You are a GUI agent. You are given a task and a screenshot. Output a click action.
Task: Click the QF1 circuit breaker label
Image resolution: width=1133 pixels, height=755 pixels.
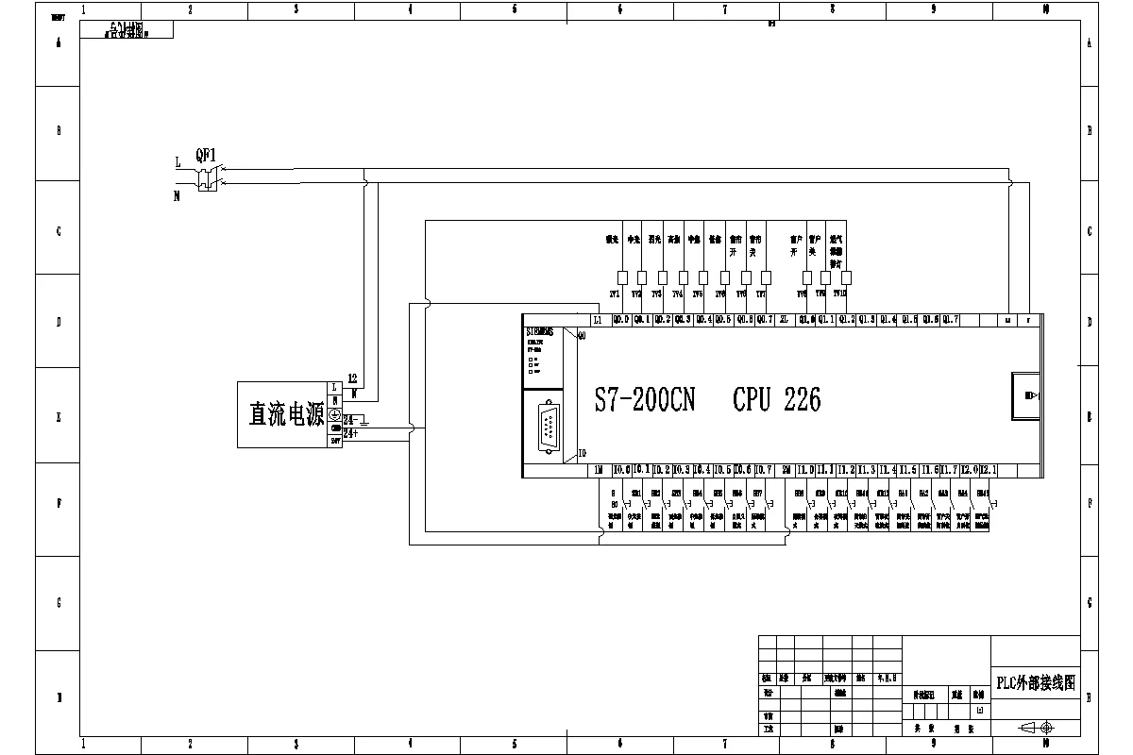(x=206, y=154)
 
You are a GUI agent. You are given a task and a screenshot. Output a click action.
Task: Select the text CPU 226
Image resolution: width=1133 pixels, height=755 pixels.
(x=776, y=400)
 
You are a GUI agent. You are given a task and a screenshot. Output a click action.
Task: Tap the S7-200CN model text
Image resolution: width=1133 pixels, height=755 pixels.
(x=645, y=400)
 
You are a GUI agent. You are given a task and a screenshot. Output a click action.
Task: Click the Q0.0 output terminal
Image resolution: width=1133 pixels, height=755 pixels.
(x=621, y=320)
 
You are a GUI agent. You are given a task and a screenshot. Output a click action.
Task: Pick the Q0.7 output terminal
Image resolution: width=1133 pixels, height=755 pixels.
(x=765, y=320)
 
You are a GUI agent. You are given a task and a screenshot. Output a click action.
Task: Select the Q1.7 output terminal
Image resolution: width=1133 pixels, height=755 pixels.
(x=950, y=320)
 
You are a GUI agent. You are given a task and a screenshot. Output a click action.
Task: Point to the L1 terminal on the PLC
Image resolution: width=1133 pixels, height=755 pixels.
(x=599, y=320)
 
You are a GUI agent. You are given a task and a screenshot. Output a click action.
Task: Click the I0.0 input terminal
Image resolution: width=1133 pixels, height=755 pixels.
(x=621, y=470)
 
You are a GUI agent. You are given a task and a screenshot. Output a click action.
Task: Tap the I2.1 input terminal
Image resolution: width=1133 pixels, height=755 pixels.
(x=989, y=470)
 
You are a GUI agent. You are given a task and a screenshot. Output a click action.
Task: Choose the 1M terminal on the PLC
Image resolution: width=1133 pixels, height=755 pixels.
(x=599, y=470)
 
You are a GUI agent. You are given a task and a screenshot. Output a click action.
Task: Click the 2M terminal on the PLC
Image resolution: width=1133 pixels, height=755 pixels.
(x=786, y=470)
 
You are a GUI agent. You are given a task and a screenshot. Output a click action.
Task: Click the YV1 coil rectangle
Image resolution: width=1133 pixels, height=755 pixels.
(x=621, y=277)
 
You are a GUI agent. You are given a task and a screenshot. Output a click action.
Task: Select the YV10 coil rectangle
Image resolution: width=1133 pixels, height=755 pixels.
(x=846, y=277)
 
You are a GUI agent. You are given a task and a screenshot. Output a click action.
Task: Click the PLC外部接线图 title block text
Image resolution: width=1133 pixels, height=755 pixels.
(x=1036, y=683)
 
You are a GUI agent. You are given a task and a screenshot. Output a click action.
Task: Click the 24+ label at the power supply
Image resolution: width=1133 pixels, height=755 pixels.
(x=350, y=433)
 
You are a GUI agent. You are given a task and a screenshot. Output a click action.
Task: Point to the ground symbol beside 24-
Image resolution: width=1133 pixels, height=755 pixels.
(x=365, y=420)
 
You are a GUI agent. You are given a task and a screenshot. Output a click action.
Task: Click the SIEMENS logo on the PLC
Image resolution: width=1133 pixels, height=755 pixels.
(x=540, y=331)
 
